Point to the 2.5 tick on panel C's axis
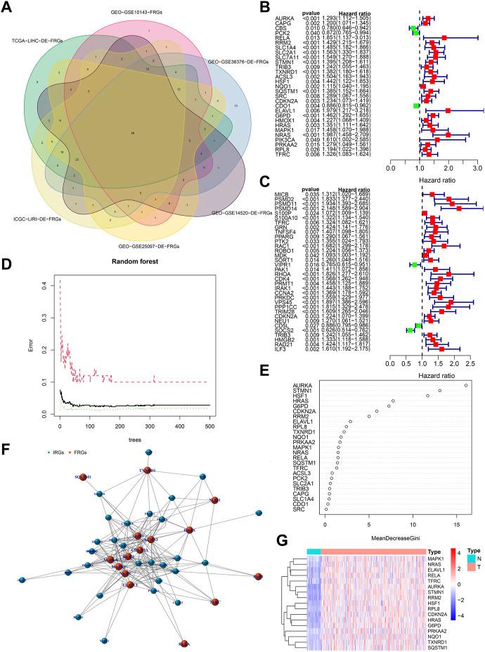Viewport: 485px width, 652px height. (x=470, y=365)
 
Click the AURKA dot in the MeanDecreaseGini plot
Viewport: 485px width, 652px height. (x=466, y=385)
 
